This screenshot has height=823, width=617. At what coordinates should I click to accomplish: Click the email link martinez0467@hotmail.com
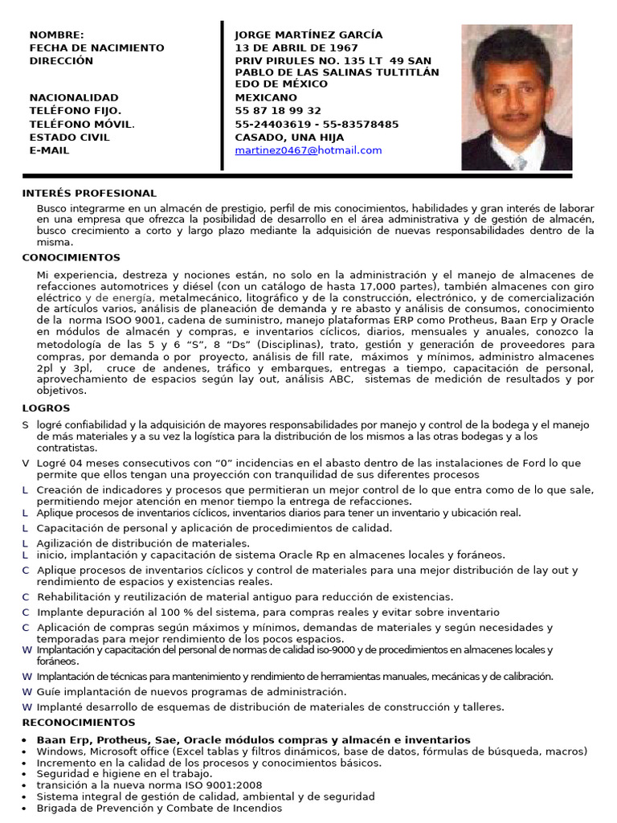point(308,150)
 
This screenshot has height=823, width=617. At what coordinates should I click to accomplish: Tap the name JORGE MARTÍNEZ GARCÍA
point(308,35)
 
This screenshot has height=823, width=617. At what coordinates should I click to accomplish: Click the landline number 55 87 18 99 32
point(277,111)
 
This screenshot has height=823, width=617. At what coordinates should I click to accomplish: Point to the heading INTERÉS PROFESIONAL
point(89,194)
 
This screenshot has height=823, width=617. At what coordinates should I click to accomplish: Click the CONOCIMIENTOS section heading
point(71,258)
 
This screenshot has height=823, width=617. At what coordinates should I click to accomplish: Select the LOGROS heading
point(46,408)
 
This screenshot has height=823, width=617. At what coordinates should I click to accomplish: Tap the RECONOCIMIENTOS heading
point(79,723)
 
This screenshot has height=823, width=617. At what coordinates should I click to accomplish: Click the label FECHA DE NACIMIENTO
point(96,47)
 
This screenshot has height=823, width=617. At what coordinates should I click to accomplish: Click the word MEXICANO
point(265,97)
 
